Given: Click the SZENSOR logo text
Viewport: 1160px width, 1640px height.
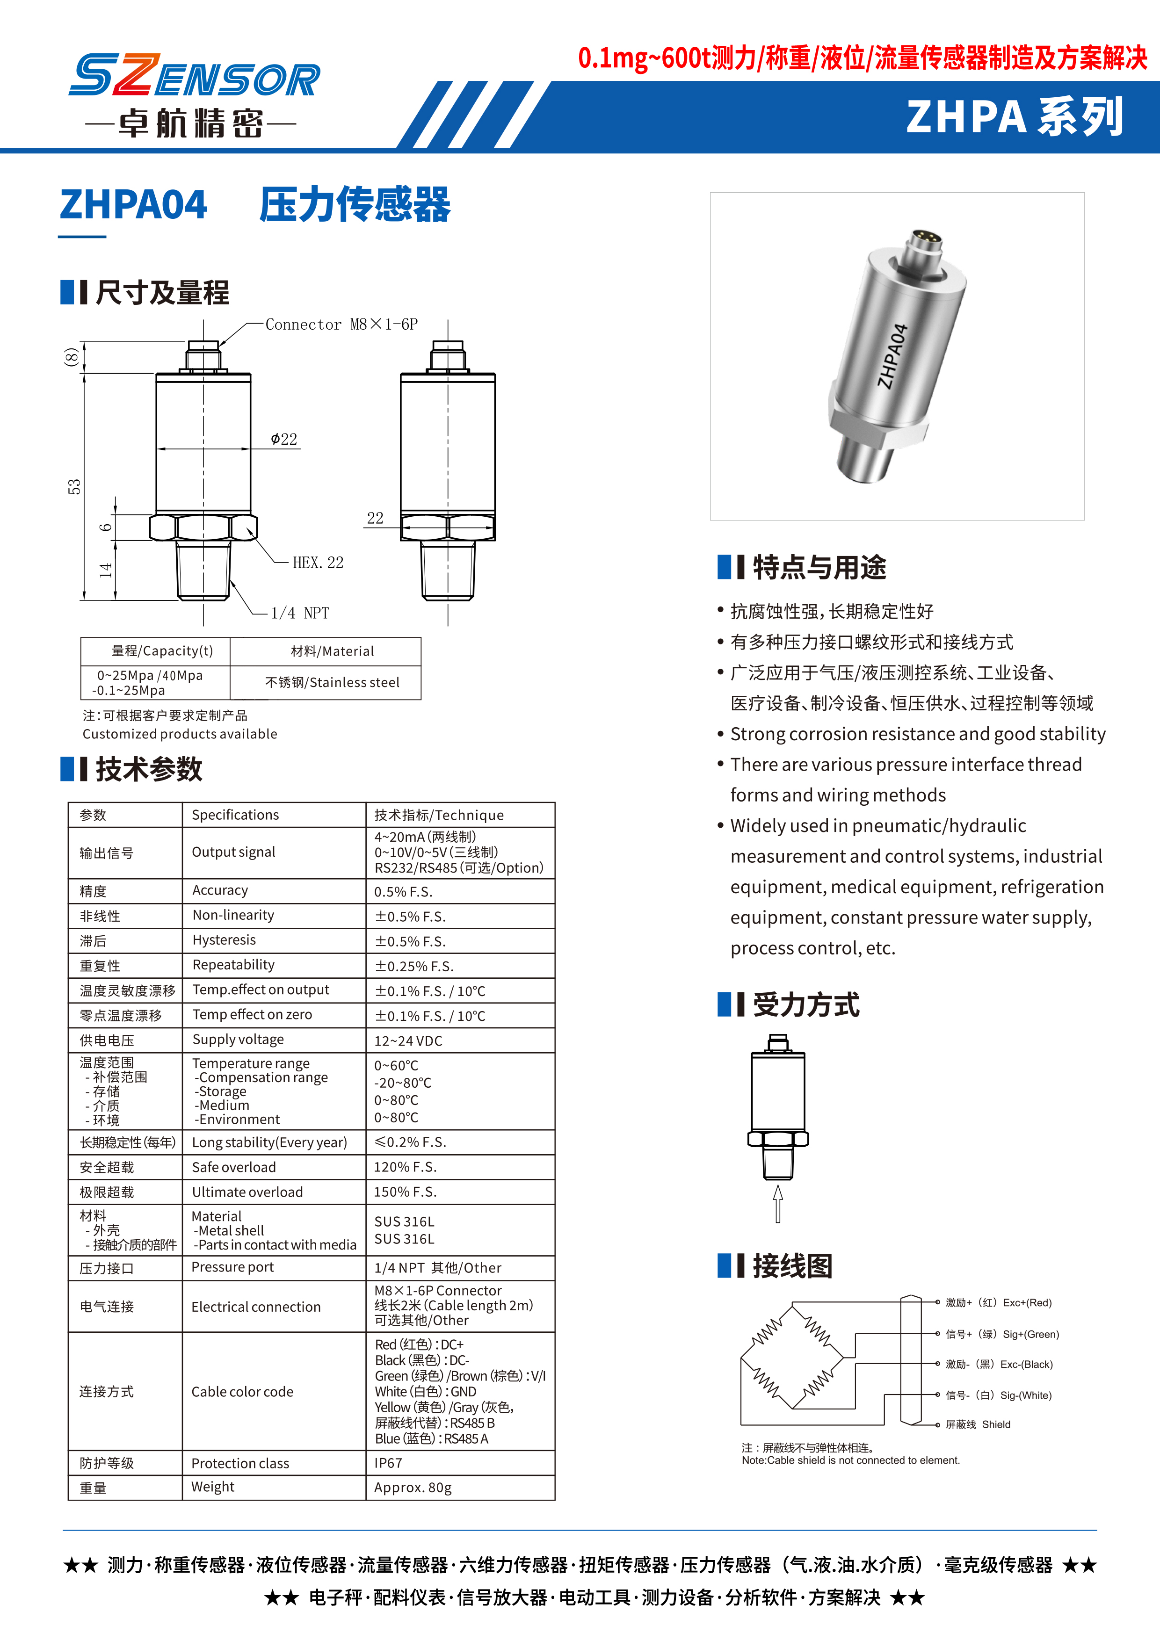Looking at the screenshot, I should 194,76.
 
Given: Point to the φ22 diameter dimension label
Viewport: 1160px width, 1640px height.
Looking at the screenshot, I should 284,439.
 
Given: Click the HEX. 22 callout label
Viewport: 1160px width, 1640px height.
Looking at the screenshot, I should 318,563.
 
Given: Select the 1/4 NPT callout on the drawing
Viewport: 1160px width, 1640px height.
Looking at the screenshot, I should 300,613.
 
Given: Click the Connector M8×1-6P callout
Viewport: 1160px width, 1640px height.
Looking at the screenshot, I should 341,324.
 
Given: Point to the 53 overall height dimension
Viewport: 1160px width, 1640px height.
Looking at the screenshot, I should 74,486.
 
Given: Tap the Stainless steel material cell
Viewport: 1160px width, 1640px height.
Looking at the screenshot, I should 332,682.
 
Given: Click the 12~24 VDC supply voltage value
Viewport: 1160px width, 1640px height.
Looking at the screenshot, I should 408,1040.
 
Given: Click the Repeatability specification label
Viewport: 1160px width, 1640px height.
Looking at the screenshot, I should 233,965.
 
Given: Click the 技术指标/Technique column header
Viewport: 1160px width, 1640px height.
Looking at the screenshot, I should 439,815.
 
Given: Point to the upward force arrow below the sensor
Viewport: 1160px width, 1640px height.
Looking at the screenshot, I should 778,1204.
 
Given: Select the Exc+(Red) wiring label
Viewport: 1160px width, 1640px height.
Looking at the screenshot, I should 999,1302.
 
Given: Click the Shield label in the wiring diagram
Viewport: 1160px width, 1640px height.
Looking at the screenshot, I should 996,1424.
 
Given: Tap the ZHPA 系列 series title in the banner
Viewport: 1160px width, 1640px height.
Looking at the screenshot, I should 1014,117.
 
